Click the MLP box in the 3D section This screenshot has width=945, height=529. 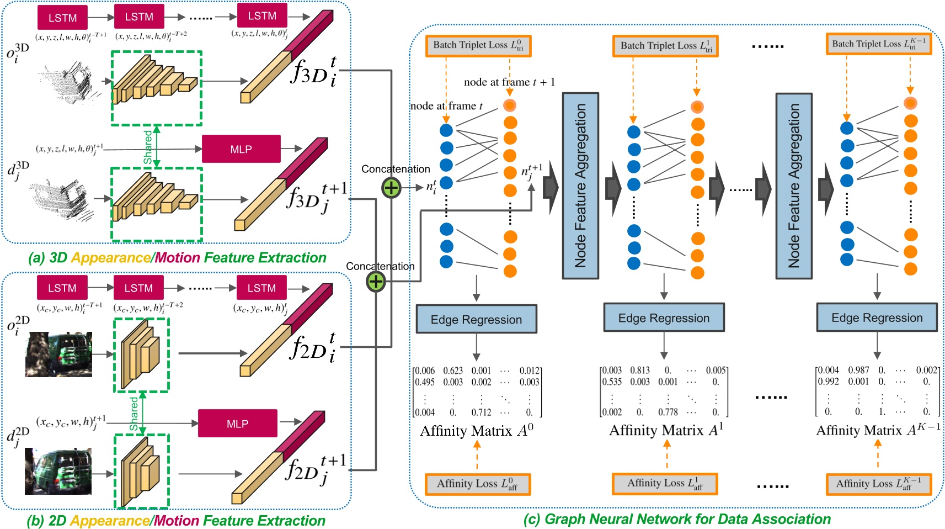(x=241, y=149)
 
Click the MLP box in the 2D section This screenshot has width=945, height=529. (x=237, y=424)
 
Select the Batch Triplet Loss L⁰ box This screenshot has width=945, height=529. (x=478, y=46)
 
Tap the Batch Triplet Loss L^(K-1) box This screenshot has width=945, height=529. (x=878, y=44)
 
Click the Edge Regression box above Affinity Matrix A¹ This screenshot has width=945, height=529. (x=664, y=318)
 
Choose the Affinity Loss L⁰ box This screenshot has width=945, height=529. (x=478, y=484)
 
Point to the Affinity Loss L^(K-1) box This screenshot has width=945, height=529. (x=878, y=484)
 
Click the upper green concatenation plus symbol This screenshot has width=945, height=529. (x=391, y=188)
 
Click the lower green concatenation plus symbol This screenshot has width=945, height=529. (x=376, y=282)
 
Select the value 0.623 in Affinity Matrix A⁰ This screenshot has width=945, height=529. (x=453, y=371)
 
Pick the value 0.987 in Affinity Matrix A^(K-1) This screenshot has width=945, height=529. (x=858, y=370)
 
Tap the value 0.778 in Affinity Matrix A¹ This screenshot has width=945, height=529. (x=668, y=412)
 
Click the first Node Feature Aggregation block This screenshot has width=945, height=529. (x=580, y=186)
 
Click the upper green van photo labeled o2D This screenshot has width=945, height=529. (x=59, y=354)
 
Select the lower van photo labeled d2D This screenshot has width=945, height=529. (x=58, y=470)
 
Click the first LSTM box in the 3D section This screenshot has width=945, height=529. (x=62, y=18)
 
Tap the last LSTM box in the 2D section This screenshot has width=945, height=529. (x=261, y=288)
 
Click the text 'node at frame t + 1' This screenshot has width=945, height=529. (x=509, y=82)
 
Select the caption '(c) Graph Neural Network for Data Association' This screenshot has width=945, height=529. (x=677, y=519)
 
